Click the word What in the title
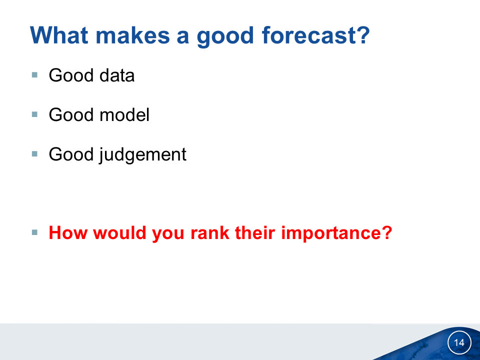click(59, 35)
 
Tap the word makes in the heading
click(133, 35)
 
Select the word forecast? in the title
click(316, 35)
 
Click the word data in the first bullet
click(117, 75)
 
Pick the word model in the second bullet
click(124, 115)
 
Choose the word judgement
click(142, 155)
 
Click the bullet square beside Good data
click(34, 74)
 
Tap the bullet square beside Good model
click(34, 114)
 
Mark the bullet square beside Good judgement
click(34, 153)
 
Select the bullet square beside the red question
click(34, 232)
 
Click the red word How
click(68, 232)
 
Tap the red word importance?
click(336, 234)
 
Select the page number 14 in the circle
click(459, 342)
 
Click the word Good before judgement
click(71, 154)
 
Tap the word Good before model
click(71, 115)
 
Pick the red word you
click(168, 234)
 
